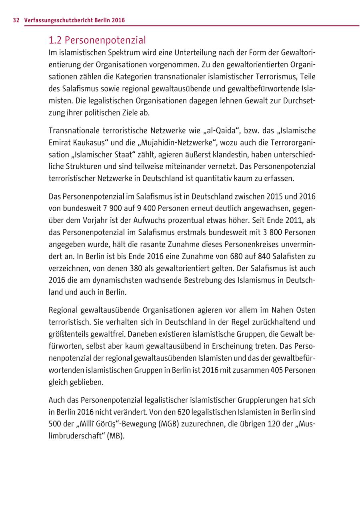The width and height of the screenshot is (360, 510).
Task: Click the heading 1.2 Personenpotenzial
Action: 97,40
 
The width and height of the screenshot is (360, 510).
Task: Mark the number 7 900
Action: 116,208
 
